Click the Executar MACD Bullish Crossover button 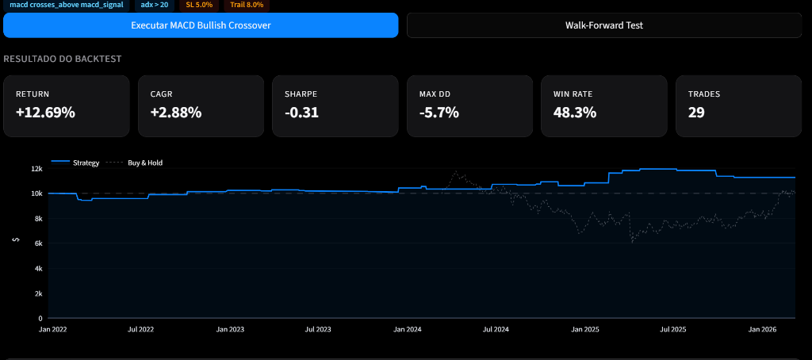coord(201,25)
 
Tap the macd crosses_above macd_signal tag coord(67,5)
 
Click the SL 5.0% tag coord(199,5)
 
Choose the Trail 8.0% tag coord(246,5)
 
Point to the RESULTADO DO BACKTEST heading coord(62,59)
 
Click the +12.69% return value coord(45,113)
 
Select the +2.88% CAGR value coord(176,113)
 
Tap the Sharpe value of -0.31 coord(301,113)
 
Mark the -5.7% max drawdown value coord(439,113)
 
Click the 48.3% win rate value coord(575,113)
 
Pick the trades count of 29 coord(696,113)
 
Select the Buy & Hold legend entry coord(145,163)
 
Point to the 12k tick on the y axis coord(36,169)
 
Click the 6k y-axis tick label coord(38,243)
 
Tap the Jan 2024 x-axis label coord(408,328)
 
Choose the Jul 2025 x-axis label coord(675,328)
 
